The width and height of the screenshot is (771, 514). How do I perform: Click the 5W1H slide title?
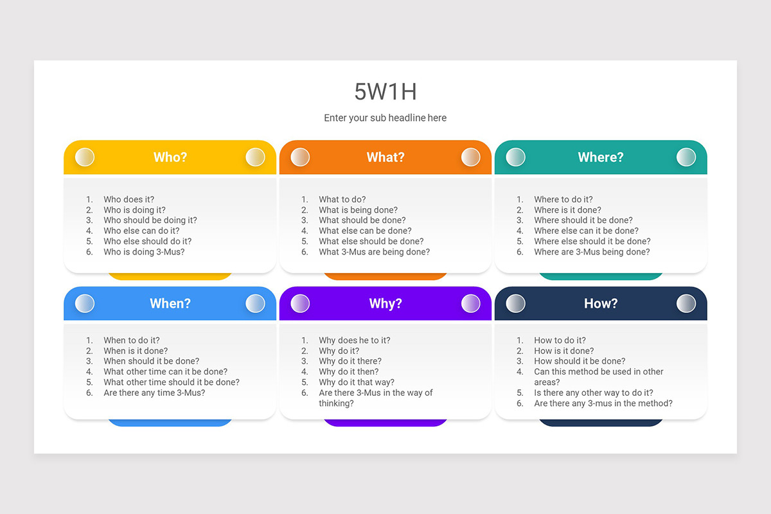[385, 92]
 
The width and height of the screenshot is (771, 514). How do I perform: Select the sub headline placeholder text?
[385, 118]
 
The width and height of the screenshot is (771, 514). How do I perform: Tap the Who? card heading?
[170, 157]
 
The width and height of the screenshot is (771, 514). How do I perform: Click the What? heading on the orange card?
[385, 157]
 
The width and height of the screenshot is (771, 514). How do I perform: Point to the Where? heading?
[601, 157]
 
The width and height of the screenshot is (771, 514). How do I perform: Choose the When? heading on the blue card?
[170, 303]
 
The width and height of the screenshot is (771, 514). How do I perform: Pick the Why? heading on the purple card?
[385, 303]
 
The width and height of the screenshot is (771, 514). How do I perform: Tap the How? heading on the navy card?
[601, 303]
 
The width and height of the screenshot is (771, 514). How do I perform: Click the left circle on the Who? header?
[85, 157]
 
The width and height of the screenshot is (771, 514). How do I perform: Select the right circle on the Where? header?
[686, 157]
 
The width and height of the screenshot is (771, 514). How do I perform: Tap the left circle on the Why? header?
[300, 303]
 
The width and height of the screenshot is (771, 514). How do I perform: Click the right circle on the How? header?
[686, 303]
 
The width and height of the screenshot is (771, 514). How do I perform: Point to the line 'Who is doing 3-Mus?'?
[144, 252]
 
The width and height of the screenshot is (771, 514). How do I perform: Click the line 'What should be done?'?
[362, 220]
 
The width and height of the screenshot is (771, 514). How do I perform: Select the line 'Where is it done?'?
[568, 210]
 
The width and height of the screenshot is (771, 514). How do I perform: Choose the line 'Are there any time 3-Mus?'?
[154, 393]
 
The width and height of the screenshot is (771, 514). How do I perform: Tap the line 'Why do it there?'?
[350, 361]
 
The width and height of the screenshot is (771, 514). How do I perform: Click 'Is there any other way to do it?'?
[594, 393]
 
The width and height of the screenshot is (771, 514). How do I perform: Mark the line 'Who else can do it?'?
[141, 231]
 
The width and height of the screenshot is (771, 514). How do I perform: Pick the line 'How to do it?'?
[560, 341]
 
